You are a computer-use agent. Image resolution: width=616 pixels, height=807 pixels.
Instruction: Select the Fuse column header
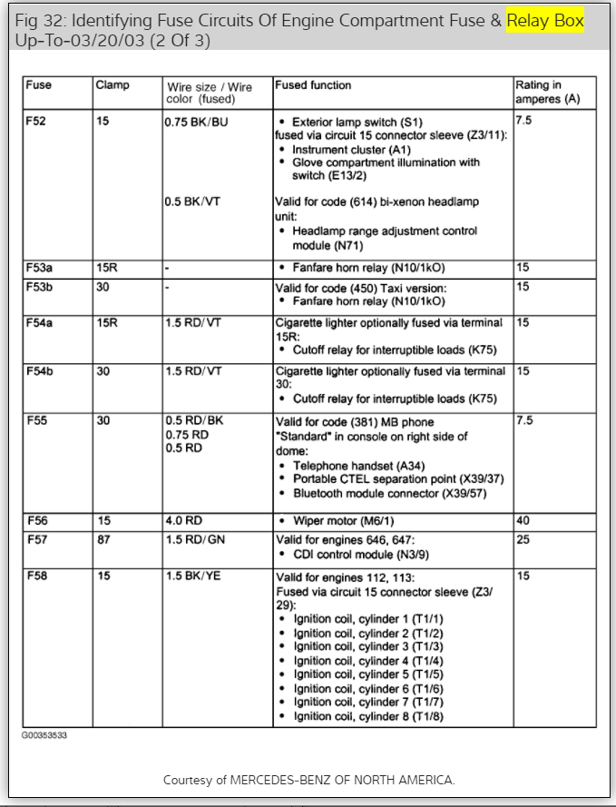click(x=39, y=86)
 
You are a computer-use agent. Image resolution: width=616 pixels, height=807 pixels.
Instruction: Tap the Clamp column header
click(x=112, y=86)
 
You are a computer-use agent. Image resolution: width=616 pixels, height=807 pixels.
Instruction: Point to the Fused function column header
click(x=313, y=86)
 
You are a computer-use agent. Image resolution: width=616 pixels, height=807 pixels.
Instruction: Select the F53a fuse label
click(x=40, y=269)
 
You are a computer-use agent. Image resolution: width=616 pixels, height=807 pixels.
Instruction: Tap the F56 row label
click(x=38, y=521)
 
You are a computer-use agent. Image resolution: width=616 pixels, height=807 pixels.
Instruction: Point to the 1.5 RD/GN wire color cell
click(x=194, y=539)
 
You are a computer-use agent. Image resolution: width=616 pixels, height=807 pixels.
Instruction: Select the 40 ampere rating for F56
click(x=522, y=521)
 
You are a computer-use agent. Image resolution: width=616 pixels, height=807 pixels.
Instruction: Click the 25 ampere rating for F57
click(x=522, y=539)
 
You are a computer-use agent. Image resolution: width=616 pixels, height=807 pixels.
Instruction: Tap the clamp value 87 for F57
click(x=103, y=539)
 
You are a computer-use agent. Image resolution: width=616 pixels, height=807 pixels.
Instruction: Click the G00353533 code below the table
click(x=44, y=735)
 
